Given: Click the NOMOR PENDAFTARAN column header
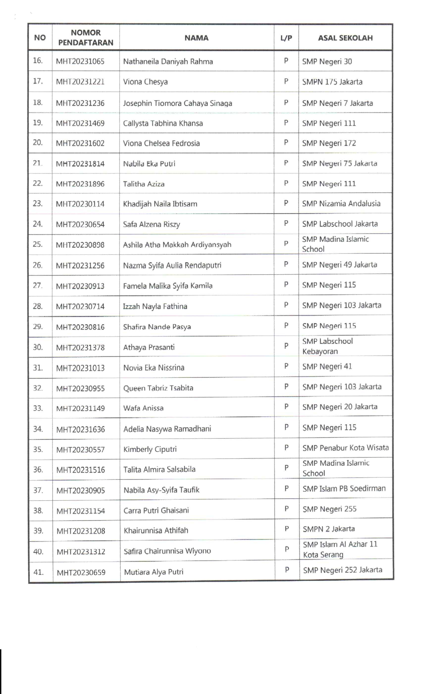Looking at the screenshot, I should point(86,37).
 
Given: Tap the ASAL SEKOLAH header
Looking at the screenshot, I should point(345,38).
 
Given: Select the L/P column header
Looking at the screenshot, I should point(286,38).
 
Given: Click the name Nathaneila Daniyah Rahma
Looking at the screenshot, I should point(168,61).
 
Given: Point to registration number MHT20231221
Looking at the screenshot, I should point(80,82).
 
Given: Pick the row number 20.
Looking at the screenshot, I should point(38,142).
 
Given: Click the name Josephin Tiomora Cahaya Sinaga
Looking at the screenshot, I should point(177,103).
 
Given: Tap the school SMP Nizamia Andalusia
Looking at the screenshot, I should point(341,204).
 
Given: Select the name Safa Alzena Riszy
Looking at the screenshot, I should point(151,224).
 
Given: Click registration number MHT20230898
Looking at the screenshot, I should point(80,245).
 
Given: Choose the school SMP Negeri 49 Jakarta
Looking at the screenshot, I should point(339,265).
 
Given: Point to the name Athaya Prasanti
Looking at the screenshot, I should point(149,347).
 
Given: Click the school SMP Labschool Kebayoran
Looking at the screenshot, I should point(327,346).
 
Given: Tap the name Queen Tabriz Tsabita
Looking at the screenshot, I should point(158,388).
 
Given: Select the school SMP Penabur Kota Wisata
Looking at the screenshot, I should point(345,448).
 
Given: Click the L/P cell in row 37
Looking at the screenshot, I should point(286,488).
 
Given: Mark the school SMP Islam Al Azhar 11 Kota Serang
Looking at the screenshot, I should point(340,549).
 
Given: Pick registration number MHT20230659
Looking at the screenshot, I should point(81,572).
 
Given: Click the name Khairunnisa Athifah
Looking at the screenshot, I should point(156,530).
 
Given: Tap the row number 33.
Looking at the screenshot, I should point(38,408).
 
